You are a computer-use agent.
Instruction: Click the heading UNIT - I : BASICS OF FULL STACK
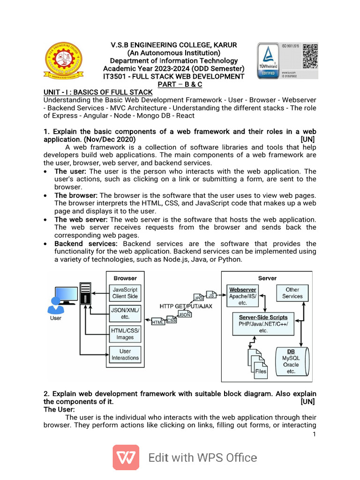click(98, 92)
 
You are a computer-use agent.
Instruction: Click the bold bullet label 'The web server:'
click(81, 219)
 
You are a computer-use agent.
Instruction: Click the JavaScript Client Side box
click(125, 293)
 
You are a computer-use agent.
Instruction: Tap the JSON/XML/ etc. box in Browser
click(125, 313)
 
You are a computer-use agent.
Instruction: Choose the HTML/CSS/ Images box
click(125, 333)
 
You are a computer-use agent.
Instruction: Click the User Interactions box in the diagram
click(125, 354)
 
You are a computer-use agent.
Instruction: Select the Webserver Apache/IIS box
click(242, 296)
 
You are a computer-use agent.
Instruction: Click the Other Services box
click(292, 293)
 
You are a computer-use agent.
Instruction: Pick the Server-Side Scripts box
click(263, 324)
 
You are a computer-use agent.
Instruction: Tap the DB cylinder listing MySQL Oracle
click(291, 361)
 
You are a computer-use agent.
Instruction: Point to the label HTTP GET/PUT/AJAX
click(186, 306)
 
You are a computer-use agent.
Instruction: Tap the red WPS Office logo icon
click(126, 457)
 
